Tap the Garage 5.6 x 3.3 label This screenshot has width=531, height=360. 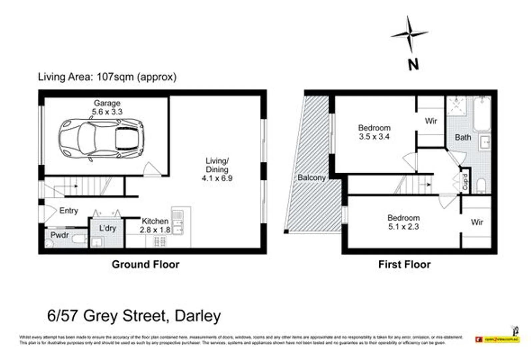(107, 107)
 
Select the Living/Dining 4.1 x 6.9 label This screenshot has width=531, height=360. (217, 169)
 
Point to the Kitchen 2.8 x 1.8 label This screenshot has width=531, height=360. (155, 225)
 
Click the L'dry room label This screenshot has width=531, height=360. (107, 228)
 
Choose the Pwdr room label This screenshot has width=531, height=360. (60, 235)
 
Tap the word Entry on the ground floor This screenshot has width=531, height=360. (69, 211)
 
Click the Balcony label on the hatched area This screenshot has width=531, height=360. (311, 178)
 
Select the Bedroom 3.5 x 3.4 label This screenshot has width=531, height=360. (374, 132)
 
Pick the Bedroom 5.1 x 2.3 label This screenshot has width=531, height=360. (403, 222)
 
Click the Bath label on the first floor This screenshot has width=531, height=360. (463, 137)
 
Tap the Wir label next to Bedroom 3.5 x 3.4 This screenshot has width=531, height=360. (431, 121)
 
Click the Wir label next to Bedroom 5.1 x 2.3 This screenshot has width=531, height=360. (477, 222)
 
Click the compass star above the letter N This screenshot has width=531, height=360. (410, 34)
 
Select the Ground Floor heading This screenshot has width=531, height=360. (145, 264)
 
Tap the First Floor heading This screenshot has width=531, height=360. (404, 264)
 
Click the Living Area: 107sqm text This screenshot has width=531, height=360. (107, 77)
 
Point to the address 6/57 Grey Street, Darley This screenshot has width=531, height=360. (134, 316)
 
